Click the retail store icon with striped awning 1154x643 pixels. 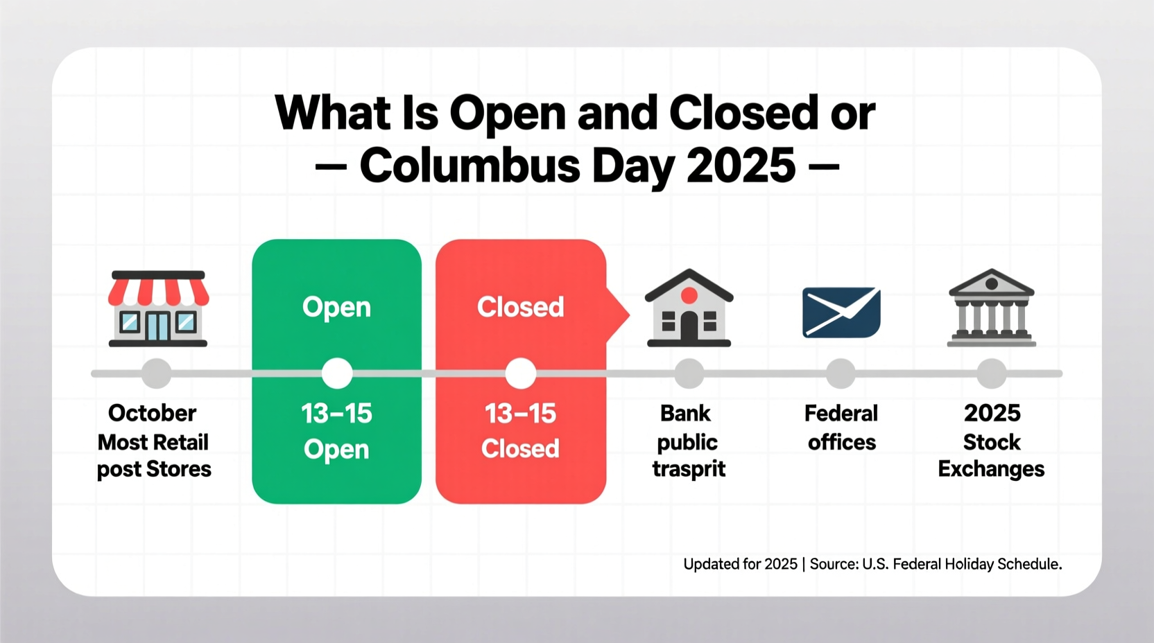click(x=158, y=308)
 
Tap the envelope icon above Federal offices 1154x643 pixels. click(x=841, y=312)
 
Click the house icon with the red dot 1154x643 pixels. click(x=689, y=308)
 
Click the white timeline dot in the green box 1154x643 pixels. click(x=337, y=373)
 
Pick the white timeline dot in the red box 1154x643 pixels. click(x=520, y=373)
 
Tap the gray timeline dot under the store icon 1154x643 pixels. click(x=157, y=373)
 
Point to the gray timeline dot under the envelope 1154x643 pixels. click(x=841, y=373)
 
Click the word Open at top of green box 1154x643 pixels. click(x=336, y=307)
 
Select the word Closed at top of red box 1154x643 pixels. click(x=520, y=307)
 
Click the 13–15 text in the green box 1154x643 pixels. click(x=336, y=414)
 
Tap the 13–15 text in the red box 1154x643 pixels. click(x=520, y=414)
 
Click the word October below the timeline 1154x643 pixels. click(x=153, y=413)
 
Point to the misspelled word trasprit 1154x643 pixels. click(x=689, y=469)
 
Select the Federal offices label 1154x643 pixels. click(x=841, y=428)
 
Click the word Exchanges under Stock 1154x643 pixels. click(x=991, y=469)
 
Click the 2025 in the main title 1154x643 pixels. click(x=741, y=166)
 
